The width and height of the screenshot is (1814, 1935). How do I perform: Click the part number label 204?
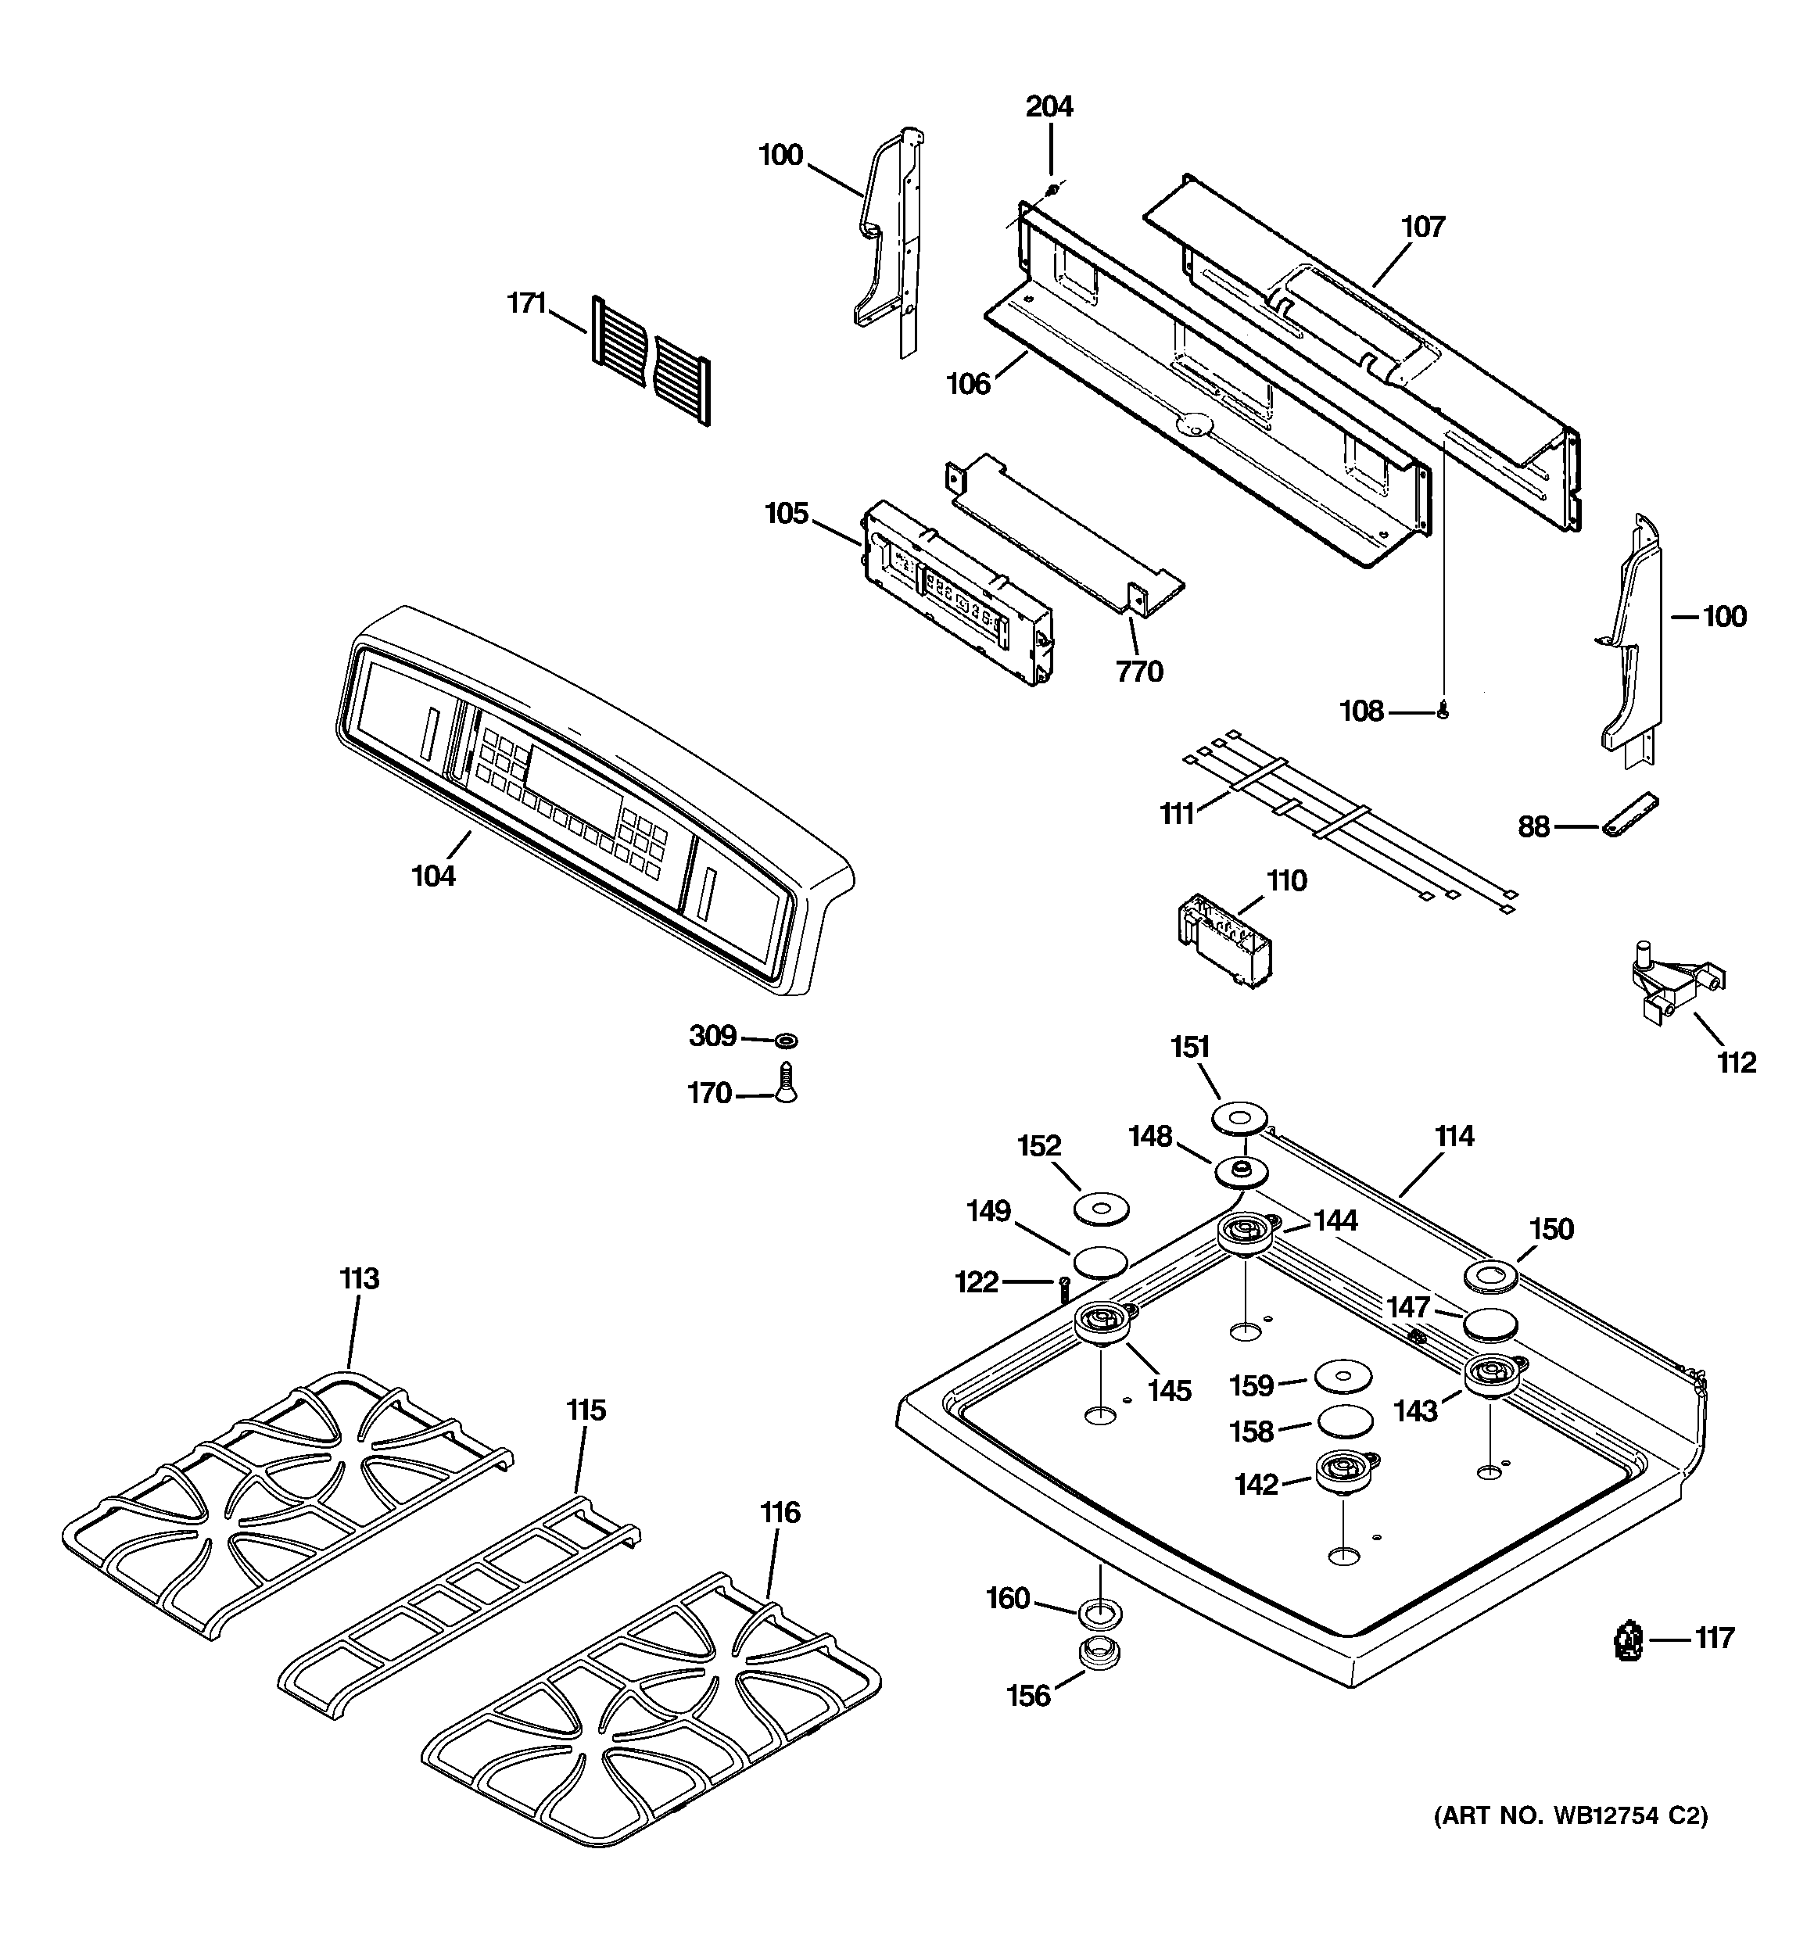[1049, 106]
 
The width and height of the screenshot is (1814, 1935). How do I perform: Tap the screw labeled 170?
[786, 1082]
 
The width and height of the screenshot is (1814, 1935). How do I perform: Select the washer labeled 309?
[786, 1041]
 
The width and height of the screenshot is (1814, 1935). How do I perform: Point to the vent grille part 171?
[651, 360]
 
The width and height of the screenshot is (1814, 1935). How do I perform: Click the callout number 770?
[1139, 672]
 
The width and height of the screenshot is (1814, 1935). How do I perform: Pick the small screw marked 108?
[1443, 712]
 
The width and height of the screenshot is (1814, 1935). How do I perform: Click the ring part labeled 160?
[1097, 1611]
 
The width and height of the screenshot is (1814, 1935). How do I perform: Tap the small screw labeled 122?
[1063, 1288]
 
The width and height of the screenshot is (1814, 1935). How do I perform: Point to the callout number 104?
[433, 876]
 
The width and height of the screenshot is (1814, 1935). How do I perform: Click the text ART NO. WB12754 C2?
[1569, 1816]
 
